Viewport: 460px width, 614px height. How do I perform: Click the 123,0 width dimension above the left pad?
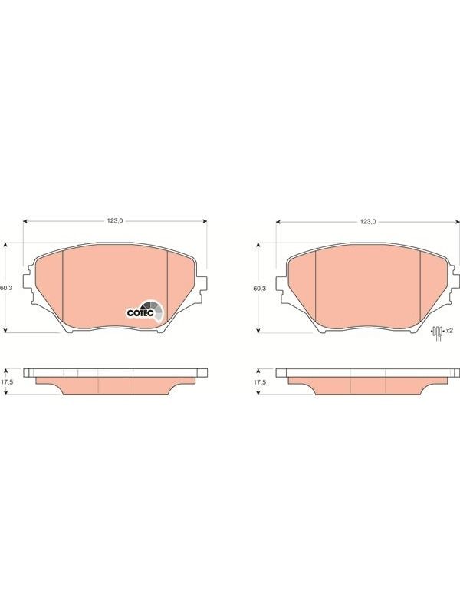click(115, 221)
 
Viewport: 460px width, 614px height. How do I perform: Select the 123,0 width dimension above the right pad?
click(368, 222)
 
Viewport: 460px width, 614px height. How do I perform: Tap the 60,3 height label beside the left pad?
click(7, 288)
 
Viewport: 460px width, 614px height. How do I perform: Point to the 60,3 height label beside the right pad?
click(259, 289)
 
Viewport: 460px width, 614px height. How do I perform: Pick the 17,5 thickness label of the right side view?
click(260, 382)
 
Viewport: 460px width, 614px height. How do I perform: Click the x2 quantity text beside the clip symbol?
click(449, 331)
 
